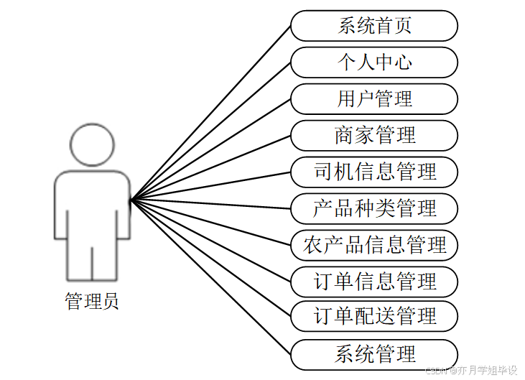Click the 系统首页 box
coord(374,26)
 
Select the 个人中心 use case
coord(374,62)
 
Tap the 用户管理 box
coord(374,99)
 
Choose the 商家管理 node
coord(374,135)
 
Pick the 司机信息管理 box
coord(374,172)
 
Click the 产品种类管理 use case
coord(374,208)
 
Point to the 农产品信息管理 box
coord(374,245)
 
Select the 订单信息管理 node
coord(374,281)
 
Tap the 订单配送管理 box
coord(374,316)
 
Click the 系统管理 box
coord(374,354)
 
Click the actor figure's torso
coord(92,205)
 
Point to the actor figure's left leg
coord(80,262)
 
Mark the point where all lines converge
coord(132,199)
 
